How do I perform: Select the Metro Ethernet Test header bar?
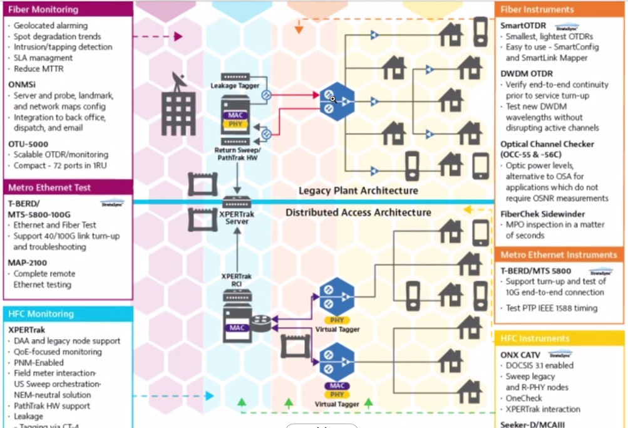coord(49,187)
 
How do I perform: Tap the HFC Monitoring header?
coord(41,314)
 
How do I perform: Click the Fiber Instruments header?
coord(537,9)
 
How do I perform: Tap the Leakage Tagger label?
coord(235,85)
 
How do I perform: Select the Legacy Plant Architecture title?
coord(358,191)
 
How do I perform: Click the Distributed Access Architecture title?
coord(358,212)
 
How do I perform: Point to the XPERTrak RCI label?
coord(236,280)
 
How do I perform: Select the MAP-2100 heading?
coord(28,263)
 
